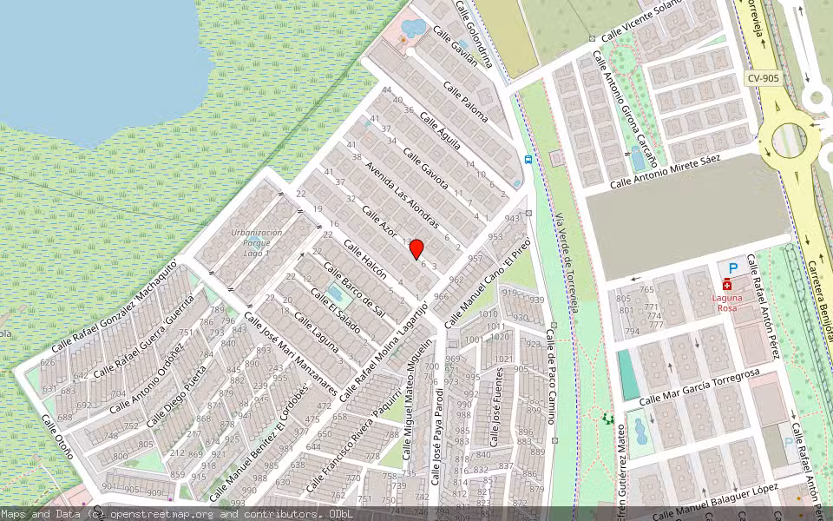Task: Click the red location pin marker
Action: click(416, 249)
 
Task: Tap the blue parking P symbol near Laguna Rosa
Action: click(733, 268)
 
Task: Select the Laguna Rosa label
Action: click(727, 302)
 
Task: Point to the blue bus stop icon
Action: click(528, 159)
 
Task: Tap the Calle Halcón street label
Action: click(364, 258)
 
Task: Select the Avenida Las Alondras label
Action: click(402, 194)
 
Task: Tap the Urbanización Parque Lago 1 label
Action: click(257, 242)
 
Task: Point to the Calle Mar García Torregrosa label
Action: click(699, 387)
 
